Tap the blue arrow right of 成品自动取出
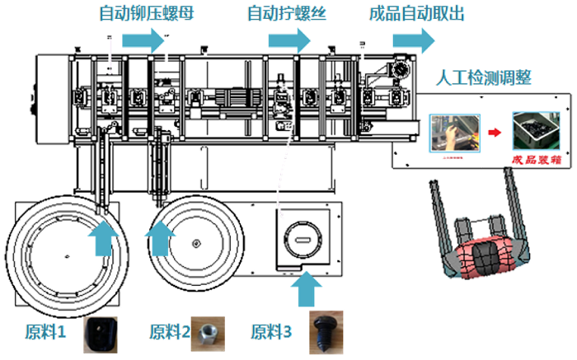tap(413, 40)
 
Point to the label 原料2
tap(170, 333)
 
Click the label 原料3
tap(271, 333)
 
